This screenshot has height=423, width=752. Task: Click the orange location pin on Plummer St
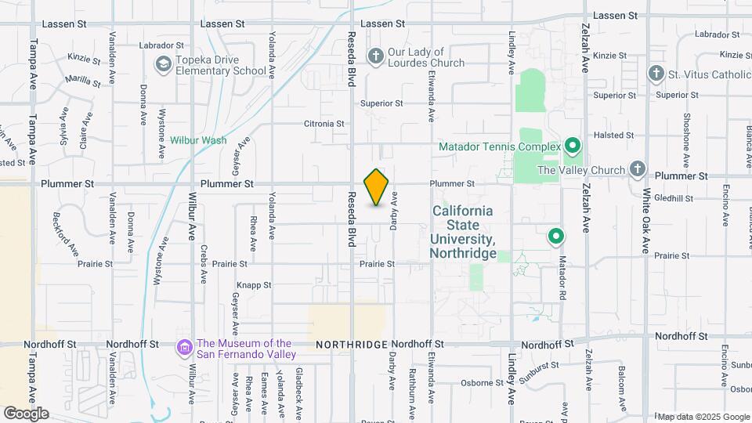click(377, 187)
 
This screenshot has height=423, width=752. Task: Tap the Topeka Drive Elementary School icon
click(164, 63)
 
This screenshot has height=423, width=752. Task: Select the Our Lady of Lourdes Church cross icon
click(375, 56)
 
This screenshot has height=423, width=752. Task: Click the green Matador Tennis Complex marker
click(573, 146)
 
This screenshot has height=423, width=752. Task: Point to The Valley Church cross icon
click(638, 169)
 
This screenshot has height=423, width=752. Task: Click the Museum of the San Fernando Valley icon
click(184, 346)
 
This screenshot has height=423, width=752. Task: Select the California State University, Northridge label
click(463, 233)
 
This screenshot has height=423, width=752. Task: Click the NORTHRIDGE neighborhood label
click(352, 345)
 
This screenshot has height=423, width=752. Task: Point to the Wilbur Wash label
click(199, 141)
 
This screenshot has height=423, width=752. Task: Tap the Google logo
click(26, 413)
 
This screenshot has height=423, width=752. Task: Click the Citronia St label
click(324, 124)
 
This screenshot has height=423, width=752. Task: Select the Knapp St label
click(254, 286)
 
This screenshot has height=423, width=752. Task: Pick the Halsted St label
click(614, 136)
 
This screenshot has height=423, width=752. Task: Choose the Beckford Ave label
click(66, 233)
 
